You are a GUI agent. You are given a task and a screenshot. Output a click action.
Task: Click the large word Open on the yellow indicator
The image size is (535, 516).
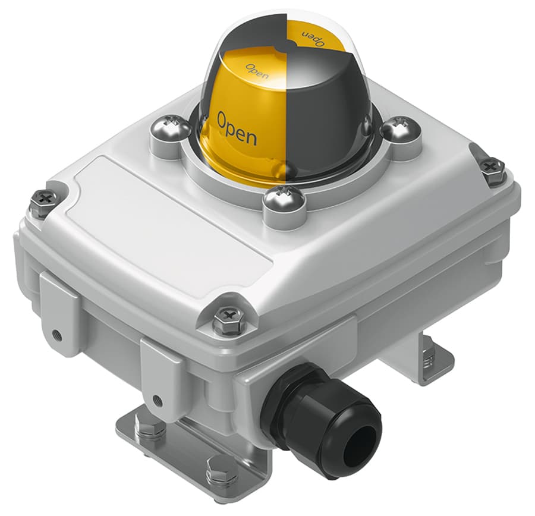coord(237,128)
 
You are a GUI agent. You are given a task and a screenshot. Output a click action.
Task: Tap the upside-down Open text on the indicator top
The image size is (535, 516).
coord(312,36)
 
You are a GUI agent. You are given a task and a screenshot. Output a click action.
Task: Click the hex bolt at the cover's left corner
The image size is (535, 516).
coord(45,202)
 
